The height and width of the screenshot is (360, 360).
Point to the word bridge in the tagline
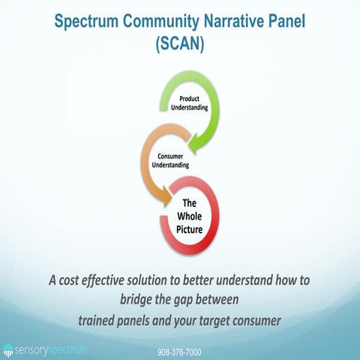[x=127, y=301]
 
